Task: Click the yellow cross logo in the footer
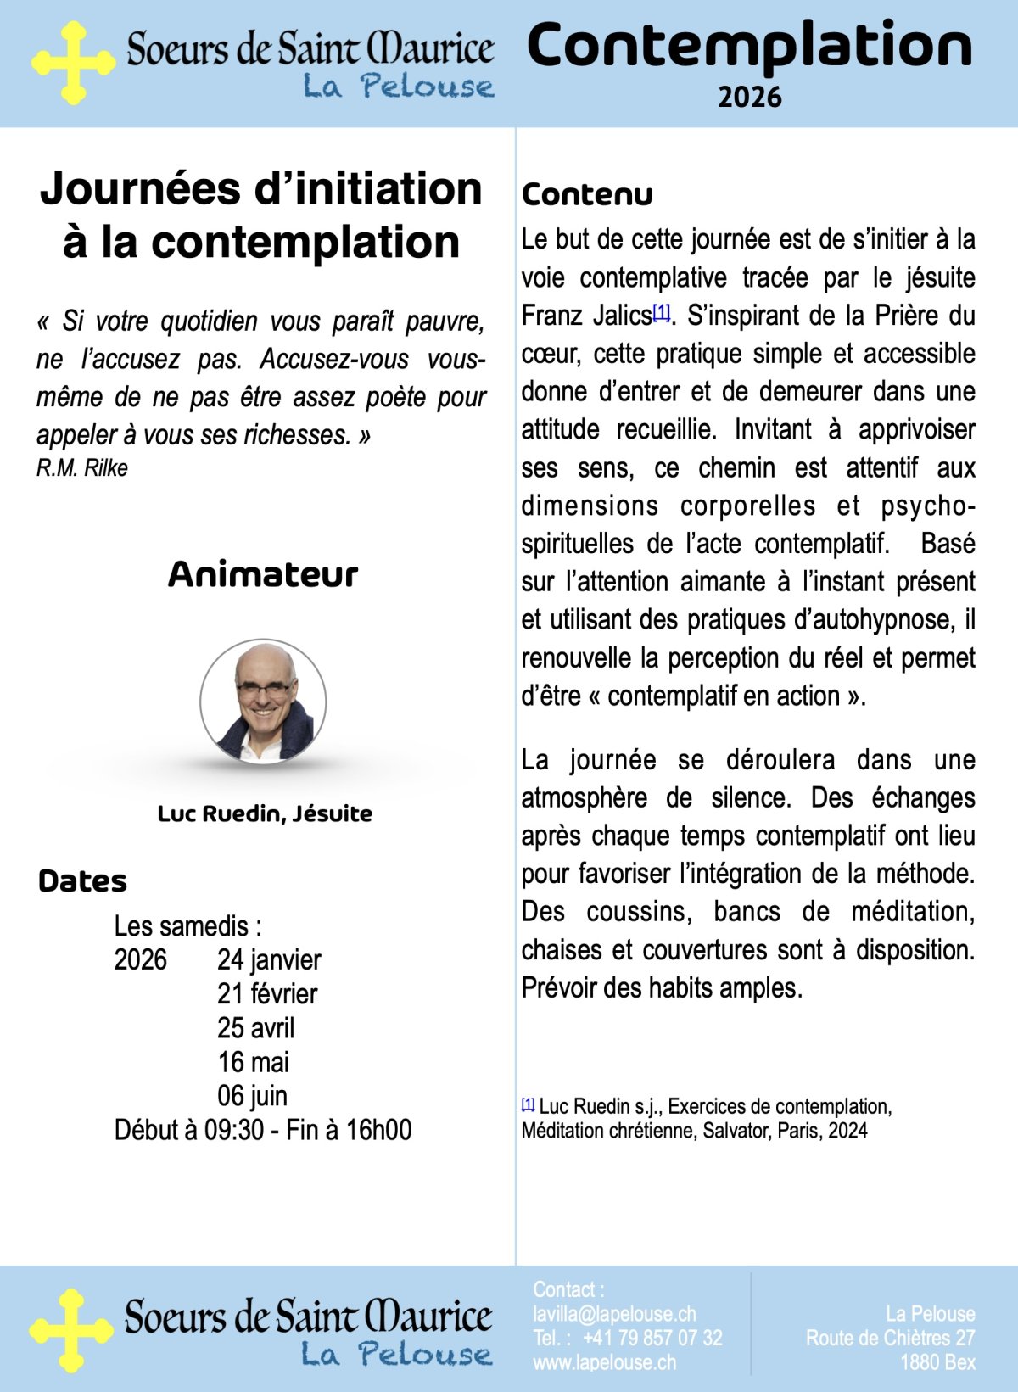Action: tap(71, 1330)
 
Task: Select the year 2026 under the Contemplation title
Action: tap(749, 97)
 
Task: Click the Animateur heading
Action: tap(263, 574)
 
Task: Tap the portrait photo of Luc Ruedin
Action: tap(263, 702)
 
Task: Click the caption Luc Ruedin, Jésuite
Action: tap(265, 813)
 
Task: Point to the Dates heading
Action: tap(82, 881)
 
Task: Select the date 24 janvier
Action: tap(269, 959)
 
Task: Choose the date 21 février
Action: tap(267, 993)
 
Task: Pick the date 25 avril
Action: tap(255, 1027)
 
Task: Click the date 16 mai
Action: tap(253, 1061)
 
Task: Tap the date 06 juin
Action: tap(252, 1095)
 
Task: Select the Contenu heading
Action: tap(587, 194)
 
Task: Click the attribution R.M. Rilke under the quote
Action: tap(82, 467)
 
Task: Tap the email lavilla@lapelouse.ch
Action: tap(614, 1314)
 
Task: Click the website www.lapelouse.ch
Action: tap(605, 1362)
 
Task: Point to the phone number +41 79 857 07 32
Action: tap(652, 1338)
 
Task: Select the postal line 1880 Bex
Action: tap(937, 1362)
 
